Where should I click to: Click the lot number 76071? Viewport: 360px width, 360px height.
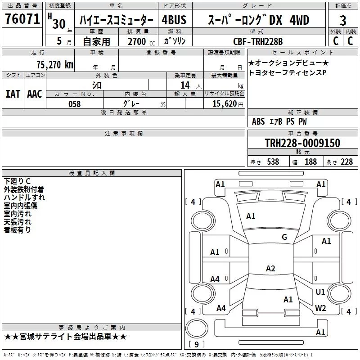tap(22, 19)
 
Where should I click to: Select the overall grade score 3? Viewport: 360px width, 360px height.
tap(343, 21)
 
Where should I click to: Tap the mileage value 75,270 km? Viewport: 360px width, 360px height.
tap(55, 64)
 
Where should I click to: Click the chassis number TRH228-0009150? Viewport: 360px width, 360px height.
tap(302, 143)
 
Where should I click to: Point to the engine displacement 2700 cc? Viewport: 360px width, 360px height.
tap(141, 41)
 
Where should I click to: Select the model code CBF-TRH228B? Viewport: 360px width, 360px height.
tap(258, 41)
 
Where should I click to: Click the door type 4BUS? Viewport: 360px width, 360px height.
tap(174, 20)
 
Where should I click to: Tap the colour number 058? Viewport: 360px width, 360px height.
tap(74, 104)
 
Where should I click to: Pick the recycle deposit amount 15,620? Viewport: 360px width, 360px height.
tap(225, 103)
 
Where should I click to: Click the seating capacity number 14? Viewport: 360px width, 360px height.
tap(185, 85)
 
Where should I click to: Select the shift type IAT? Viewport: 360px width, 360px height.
tap(13, 94)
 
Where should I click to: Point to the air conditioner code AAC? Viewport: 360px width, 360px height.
tap(35, 94)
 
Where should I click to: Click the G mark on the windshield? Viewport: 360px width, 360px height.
tap(284, 237)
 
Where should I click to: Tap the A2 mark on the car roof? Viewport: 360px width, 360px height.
tap(270, 268)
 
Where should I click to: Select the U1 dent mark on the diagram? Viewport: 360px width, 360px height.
tap(320, 292)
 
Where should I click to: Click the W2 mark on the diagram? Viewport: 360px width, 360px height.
tap(320, 308)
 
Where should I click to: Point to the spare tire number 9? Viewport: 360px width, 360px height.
tap(197, 344)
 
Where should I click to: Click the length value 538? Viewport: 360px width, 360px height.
tap(273, 162)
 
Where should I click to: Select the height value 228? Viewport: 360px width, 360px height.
tap(346, 162)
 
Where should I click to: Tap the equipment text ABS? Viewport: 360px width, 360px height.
tap(258, 121)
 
